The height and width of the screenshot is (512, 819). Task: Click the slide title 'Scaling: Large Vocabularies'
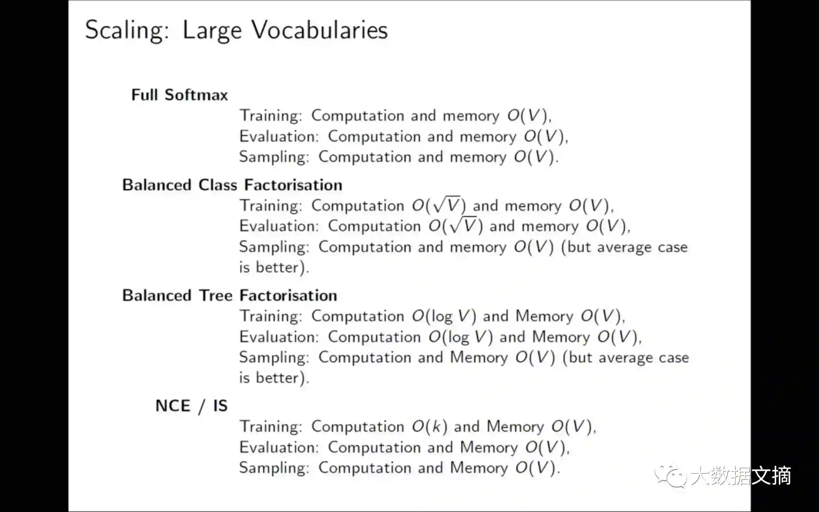tap(236, 30)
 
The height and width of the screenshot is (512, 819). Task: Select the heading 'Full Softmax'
tap(179, 95)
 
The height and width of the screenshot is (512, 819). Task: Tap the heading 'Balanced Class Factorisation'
tap(232, 185)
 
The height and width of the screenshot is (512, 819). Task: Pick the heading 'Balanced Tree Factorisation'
tap(229, 296)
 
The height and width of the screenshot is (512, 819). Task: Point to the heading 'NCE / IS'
tap(191, 406)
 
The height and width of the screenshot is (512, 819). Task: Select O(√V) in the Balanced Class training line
tap(439, 205)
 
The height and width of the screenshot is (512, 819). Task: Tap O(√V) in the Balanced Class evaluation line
tap(455, 226)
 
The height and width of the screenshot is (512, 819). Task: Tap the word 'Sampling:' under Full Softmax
tap(274, 157)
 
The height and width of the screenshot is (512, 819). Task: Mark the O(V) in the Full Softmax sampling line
tap(534, 157)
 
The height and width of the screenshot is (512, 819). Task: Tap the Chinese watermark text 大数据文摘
tap(741, 476)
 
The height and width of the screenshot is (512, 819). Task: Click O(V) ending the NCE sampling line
tap(536, 468)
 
